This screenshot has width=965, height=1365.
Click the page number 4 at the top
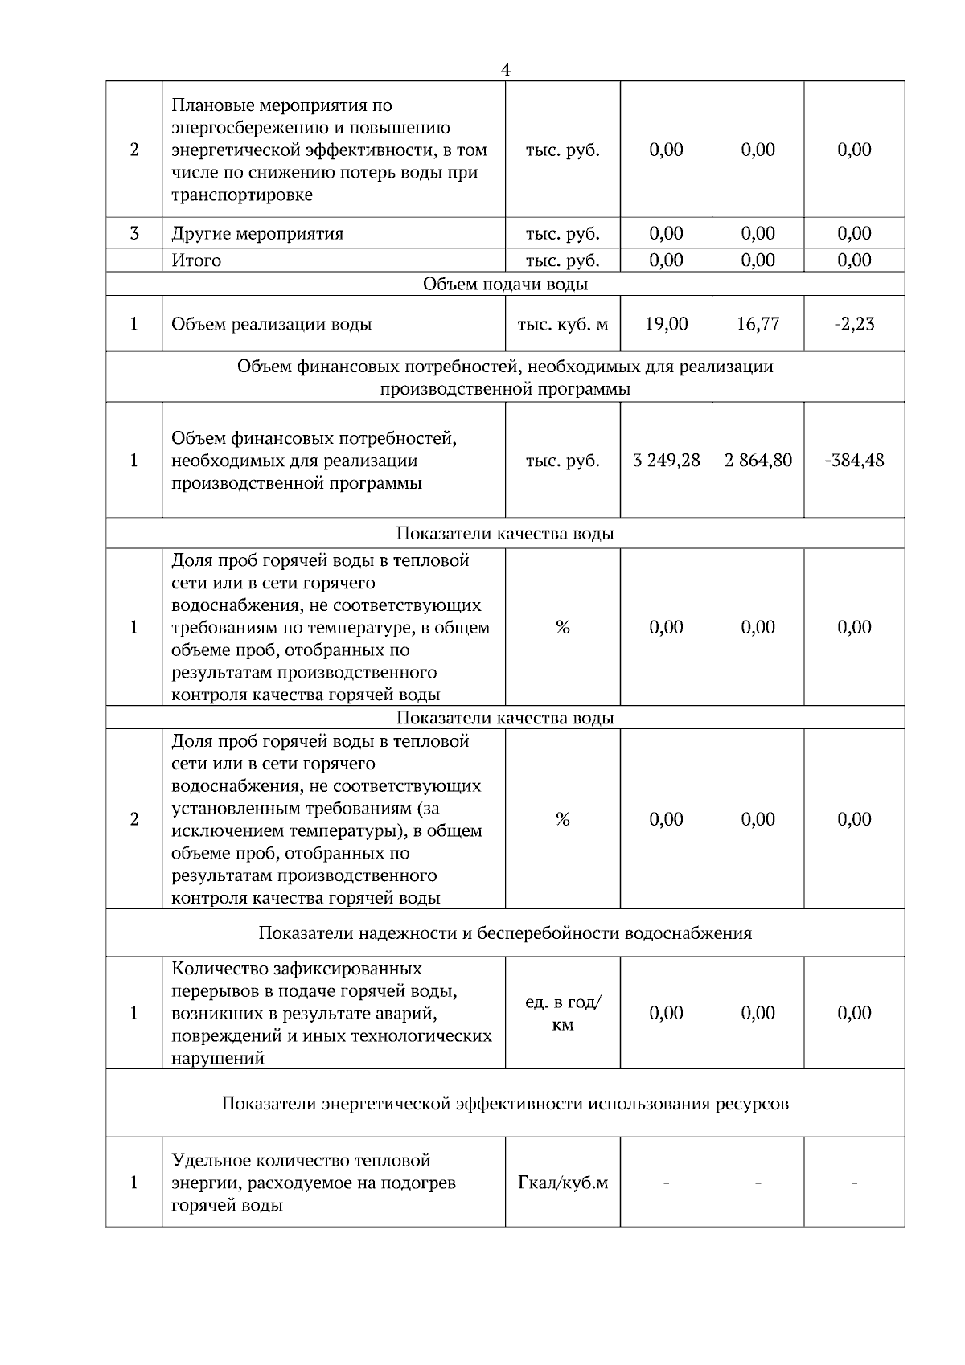pos(505,70)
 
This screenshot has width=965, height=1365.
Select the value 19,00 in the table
pos(666,324)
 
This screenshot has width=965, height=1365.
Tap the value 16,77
pos(758,324)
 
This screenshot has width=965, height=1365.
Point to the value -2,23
pos(854,324)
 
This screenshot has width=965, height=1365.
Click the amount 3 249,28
pos(666,461)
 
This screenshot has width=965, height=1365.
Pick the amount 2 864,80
pos(758,461)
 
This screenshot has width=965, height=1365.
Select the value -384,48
pos(854,461)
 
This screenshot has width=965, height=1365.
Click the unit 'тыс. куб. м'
pos(562,325)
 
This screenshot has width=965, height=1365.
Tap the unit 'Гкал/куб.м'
pos(562,1183)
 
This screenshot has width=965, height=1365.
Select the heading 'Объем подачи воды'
pos(505,285)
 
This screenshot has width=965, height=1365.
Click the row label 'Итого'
pos(196,260)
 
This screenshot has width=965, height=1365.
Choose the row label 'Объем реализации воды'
pos(271,325)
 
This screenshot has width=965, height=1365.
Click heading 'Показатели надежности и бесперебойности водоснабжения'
pos(505,933)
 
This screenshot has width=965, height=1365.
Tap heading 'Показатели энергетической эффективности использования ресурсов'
pos(505,1104)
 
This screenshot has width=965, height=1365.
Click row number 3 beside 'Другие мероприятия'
pos(133,234)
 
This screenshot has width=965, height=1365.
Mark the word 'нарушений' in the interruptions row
pos(218,1059)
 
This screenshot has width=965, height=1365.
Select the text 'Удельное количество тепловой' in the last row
pos(301,1161)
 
